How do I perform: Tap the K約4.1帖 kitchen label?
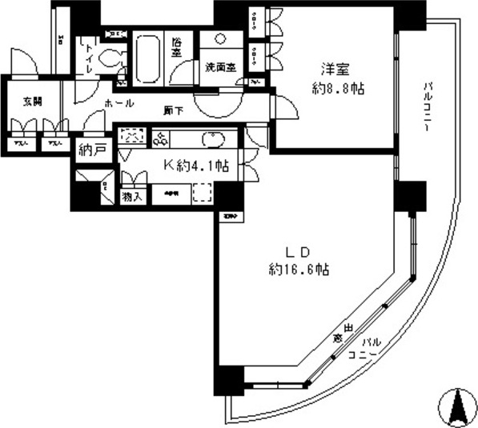197,166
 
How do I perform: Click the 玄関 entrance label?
33,102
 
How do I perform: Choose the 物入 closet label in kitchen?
132,195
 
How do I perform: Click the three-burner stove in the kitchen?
162,138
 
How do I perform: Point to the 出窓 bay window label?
342,334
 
